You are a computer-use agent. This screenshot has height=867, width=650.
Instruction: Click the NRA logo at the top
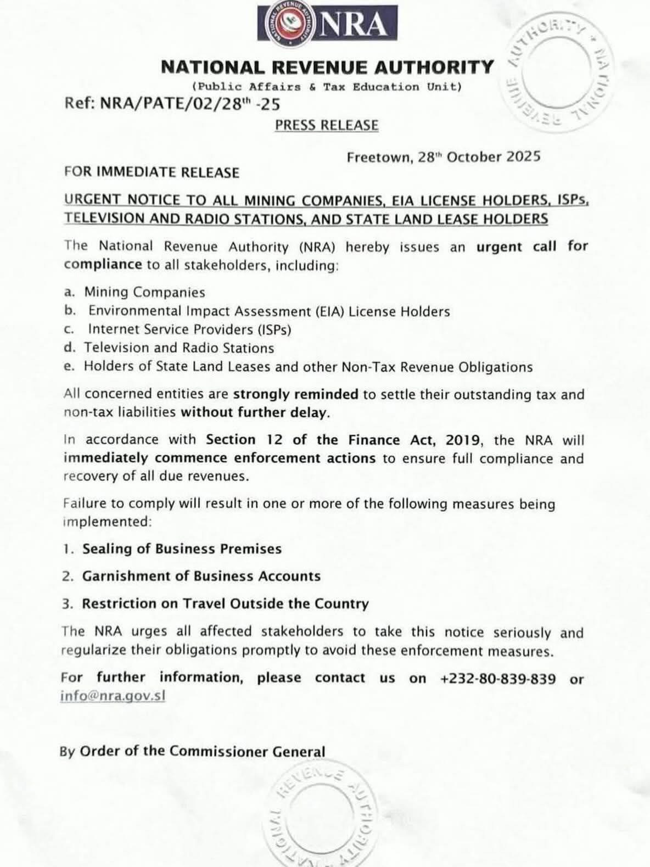327,23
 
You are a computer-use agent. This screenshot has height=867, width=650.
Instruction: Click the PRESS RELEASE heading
327,125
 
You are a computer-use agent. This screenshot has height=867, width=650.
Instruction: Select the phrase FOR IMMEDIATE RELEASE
152,172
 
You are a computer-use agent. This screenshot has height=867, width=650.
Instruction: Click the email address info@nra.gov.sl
113,696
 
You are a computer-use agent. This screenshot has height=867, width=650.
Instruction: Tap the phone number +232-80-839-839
497,679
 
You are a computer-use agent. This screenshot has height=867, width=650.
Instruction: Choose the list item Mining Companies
144,292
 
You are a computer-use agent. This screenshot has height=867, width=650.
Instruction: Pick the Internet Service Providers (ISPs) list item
189,329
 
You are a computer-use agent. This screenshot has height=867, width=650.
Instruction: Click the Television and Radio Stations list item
178,348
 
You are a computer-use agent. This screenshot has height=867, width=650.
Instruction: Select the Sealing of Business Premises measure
182,549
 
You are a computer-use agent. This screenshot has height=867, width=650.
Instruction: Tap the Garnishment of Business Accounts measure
201,576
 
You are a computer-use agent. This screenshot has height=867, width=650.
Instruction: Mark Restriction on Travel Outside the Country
225,603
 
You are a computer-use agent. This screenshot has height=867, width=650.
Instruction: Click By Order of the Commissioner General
193,751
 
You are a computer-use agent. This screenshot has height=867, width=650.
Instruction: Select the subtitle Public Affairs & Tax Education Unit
327,87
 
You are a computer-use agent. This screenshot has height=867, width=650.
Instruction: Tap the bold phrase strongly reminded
295,394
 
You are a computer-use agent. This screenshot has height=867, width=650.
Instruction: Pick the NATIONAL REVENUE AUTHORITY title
327,67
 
